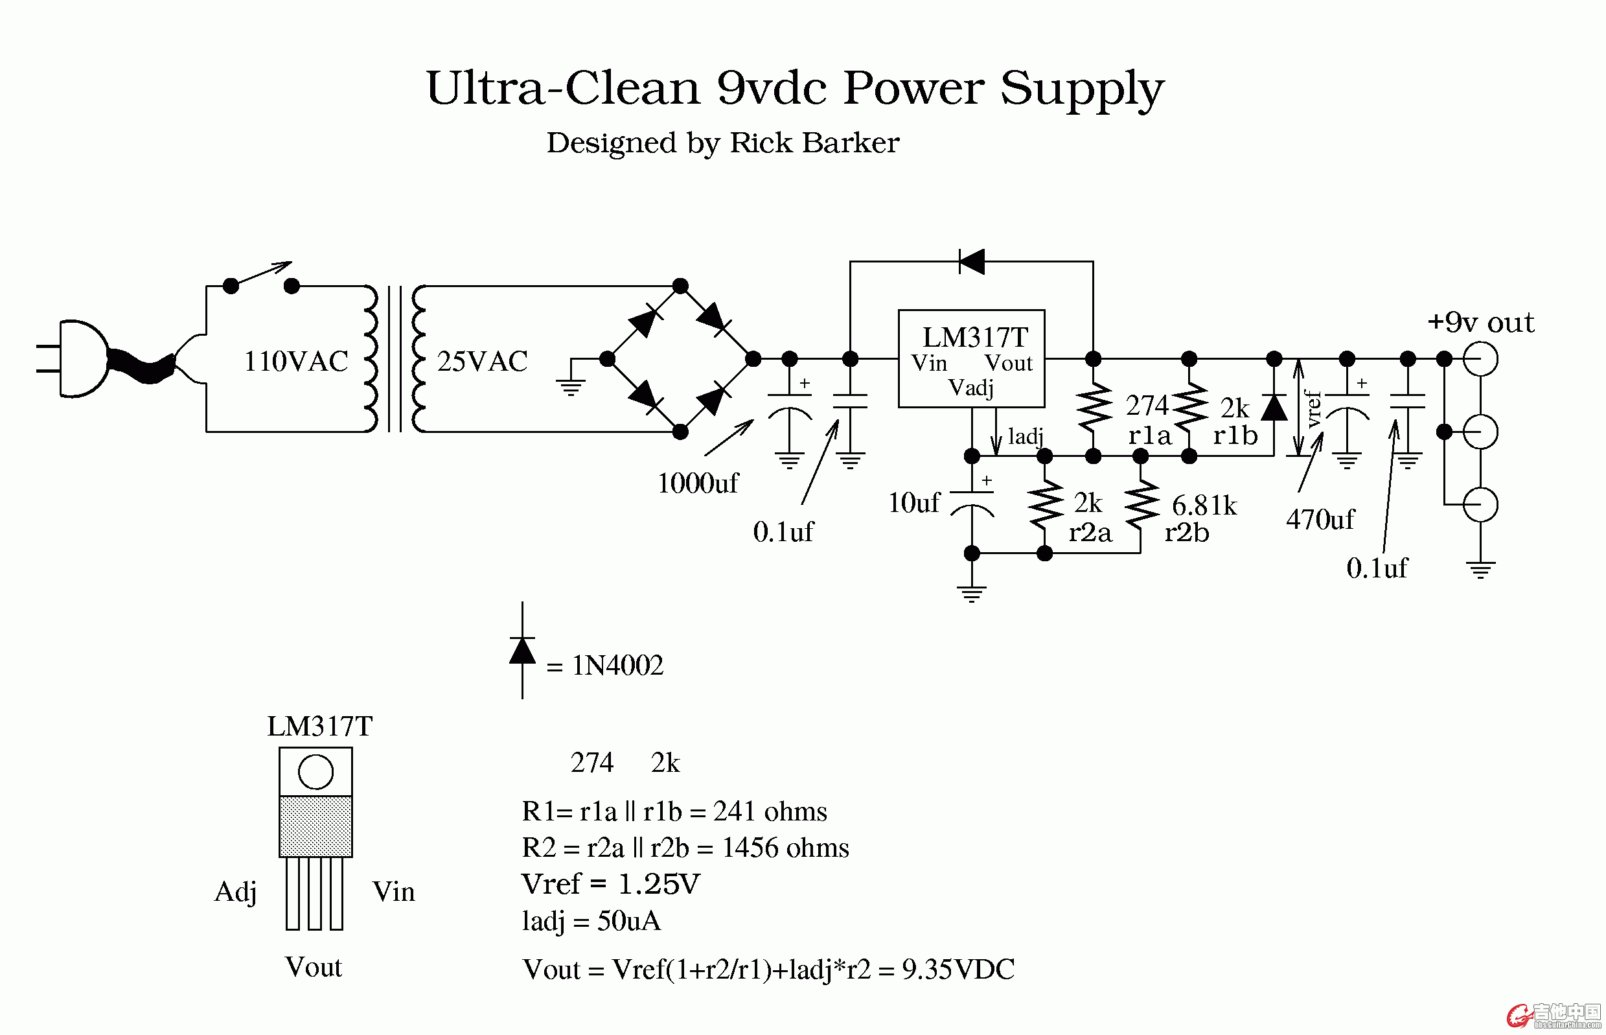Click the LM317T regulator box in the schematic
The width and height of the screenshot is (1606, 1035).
[x=971, y=358]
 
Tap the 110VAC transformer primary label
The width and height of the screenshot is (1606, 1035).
[x=295, y=362]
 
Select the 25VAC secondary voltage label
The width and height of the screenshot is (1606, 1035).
[x=481, y=362]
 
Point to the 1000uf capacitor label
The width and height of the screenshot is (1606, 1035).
[x=697, y=483]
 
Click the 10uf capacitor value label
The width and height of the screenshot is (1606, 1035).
[x=913, y=503]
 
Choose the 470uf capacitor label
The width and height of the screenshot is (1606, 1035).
[x=1320, y=520]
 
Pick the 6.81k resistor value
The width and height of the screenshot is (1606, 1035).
[x=1204, y=506]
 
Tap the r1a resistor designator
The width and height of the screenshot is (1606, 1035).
[x=1149, y=436]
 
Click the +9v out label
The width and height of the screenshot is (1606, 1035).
[x=1480, y=323]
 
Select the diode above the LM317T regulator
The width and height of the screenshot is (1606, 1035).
[x=971, y=261]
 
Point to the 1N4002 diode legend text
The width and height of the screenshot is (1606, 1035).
[x=617, y=666]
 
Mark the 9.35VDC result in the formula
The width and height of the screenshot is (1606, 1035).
[x=958, y=969]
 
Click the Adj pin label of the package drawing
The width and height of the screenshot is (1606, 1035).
[x=235, y=892]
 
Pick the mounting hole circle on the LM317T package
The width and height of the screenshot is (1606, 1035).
[x=315, y=771]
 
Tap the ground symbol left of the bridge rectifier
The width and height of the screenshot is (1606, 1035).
[x=570, y=386]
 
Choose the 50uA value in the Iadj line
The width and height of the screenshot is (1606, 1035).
[x=628, y=921]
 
